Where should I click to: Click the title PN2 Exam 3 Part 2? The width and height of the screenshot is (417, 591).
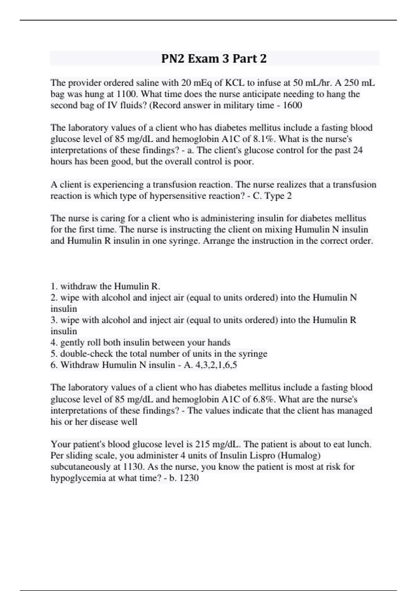pyautogui.click(x=214, y=58)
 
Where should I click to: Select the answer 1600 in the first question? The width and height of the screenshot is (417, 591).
pyautogui.click(x=293, y=105)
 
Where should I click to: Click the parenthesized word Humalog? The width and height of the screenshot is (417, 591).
pyautogui.click(x=302, y=455)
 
